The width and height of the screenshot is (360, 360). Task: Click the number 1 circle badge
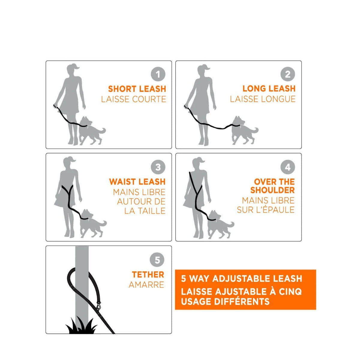coord(158,74)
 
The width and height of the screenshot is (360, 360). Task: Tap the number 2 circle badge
coord(288,74)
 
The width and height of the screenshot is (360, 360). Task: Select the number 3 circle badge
coord(158,167)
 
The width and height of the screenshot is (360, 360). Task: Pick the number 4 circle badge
coord(288,167)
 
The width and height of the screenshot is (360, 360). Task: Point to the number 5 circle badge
coord(157,260)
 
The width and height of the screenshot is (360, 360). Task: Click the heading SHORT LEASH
coord(137,89)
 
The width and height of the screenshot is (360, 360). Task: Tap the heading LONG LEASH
coord(269,89)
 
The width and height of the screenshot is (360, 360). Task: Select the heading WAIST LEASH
coord(137,182)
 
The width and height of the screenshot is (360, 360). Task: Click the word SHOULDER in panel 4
coord(272,190)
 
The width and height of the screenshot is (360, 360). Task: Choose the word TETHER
coord(148,274)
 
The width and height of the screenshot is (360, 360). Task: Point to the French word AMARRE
coord(146,285)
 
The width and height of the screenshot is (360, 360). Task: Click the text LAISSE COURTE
coord(133,99)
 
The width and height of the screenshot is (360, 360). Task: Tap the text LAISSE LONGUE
coord(263,99)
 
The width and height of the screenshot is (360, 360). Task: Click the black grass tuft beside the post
coord(80,326)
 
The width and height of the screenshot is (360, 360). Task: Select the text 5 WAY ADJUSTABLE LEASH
coord(241,279)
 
